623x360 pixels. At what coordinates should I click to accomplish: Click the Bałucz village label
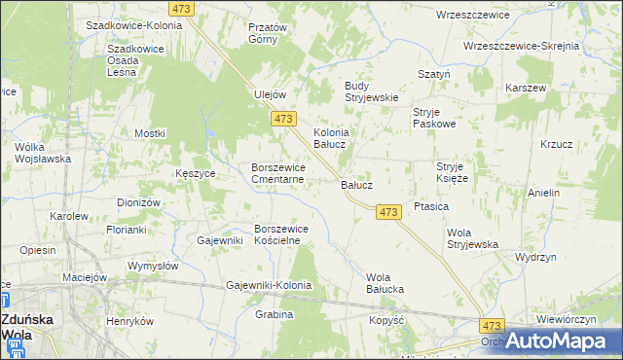point(356,183)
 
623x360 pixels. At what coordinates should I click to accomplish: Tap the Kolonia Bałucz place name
point(330,138)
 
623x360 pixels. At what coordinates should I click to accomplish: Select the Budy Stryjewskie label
point(372,90)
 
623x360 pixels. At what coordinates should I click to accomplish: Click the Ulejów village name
point(270,94)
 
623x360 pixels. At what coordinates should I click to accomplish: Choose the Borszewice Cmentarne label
point(279,173)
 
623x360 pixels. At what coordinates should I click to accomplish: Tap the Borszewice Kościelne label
point(281,234)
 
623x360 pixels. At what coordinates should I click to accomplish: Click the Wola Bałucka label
point(385,283)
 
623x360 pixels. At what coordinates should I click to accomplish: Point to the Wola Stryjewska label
point(473,238)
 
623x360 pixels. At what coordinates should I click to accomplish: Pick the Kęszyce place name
point(197,172)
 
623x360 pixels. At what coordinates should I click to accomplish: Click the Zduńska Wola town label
point(26,326)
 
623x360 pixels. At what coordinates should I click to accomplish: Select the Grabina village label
point(274,315)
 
